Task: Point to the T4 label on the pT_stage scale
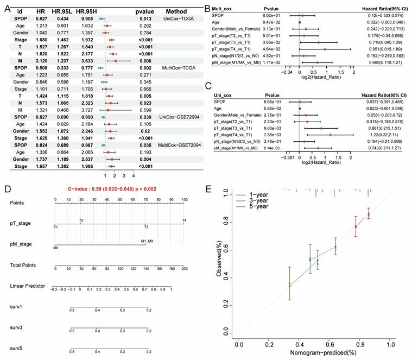(x=184, y=220)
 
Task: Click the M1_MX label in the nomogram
(x=147, y=241)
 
